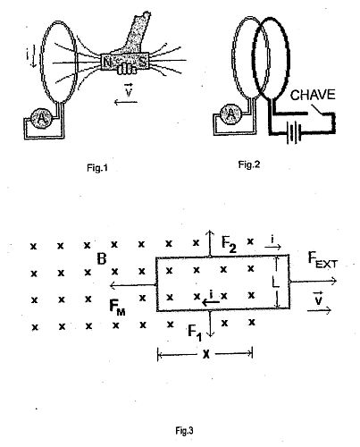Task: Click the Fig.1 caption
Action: [x=97, y=168]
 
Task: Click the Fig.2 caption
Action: [x=249, y=164]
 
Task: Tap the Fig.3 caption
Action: [x=184, y=431]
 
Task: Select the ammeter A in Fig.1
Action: [x=42, y=119]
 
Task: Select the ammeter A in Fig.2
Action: [x=230, y=114]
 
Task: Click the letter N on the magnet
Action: [x=106, y=63]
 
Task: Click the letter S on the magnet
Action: [x=143, y=62]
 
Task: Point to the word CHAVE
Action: [x=313, y=95]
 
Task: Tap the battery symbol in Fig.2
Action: [x=294, y=132]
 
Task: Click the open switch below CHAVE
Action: [x=316, y=109]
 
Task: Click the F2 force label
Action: [x=229, y=244]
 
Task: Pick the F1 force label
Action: [x=195, y=333]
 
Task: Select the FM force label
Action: [x=117, y=308]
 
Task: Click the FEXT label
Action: [x=322, y=260]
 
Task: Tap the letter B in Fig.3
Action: [x=102, y=259]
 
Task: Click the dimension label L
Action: [x=276, y=282]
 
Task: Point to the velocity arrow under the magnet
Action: [x=126, y=103]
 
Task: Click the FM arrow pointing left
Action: [x=133, y=286]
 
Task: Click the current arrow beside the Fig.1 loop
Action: [x=33, y=56]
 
